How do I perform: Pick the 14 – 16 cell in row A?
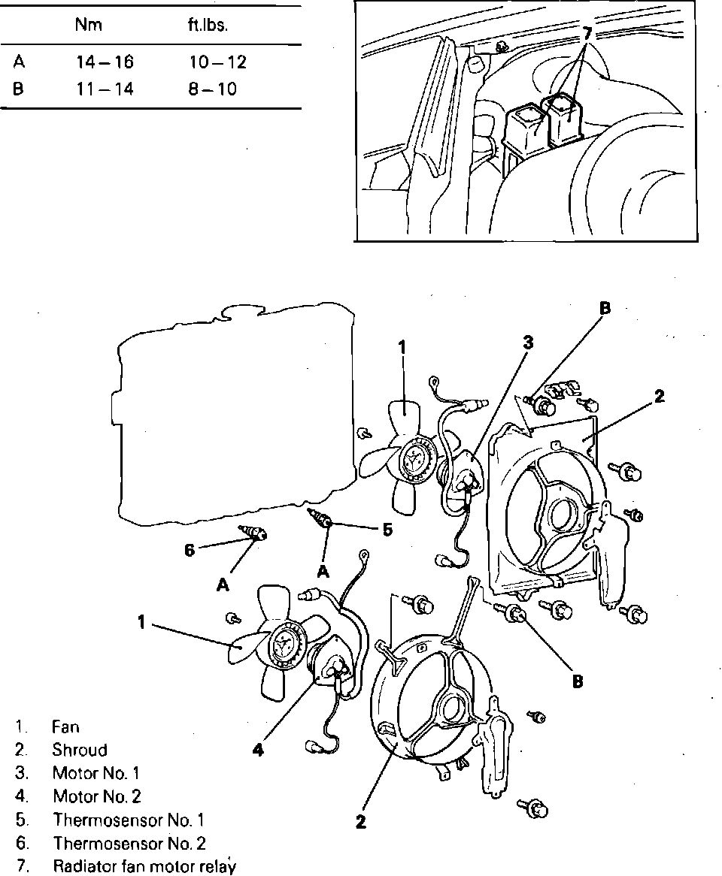coord(105,63)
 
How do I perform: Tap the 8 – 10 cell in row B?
coord(212,89)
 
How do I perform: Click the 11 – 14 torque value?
coord(105,89)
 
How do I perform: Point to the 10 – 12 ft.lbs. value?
coord(217,63)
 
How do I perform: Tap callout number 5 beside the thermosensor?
coord(387,530)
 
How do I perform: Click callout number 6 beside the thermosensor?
coord(190,551)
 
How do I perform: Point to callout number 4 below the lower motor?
coord(258,749)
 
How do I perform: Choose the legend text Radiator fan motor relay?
coord(144,865)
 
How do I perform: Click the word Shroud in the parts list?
coord(80,750)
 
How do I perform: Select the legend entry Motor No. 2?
coord(96,796)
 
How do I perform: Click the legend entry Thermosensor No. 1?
coord(128,820)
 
